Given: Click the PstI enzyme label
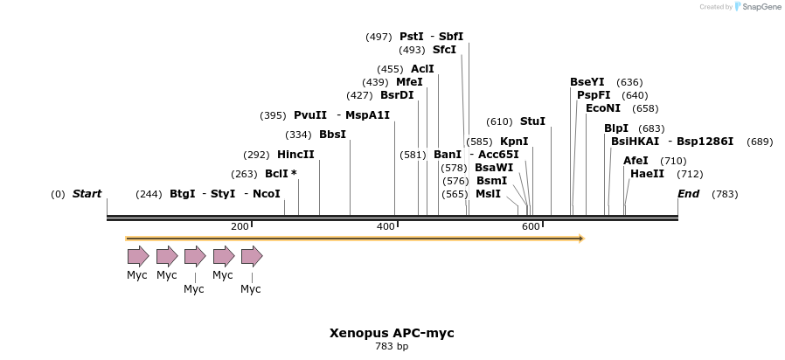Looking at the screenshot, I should [411, 37].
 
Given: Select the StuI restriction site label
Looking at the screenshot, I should [532, 121].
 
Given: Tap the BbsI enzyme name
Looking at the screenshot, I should [332, 135].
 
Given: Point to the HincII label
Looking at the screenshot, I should [295, 155].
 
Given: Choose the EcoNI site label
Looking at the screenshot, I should [603, 108].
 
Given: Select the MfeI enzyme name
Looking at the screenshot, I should [409, 82].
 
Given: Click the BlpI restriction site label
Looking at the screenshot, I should [615, 128].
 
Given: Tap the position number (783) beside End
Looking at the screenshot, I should [726, 194].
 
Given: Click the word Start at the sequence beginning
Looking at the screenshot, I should [87, 194].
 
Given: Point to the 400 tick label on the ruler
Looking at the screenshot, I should [386, 227].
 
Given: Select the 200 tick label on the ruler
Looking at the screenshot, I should [240, 227].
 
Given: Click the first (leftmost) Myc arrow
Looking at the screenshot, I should [138, 256].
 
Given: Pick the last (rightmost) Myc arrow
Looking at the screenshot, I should [252, 256].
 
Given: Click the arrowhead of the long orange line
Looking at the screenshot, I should [580, 238].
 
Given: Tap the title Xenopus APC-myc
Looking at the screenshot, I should [392, 333].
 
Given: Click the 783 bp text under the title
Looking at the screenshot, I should [392, 347].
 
